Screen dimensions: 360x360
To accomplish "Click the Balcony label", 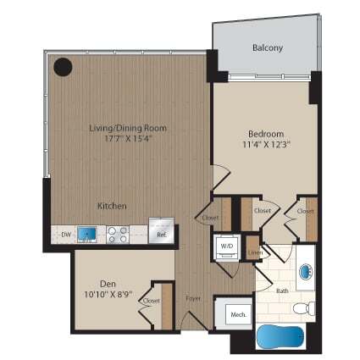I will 267,48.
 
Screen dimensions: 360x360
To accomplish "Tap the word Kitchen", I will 112,206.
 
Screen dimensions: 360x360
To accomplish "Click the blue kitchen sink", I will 86,231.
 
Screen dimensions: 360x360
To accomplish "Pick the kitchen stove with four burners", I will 116,231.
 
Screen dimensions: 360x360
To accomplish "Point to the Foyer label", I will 194,298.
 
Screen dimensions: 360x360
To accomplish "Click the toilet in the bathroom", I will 310,305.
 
